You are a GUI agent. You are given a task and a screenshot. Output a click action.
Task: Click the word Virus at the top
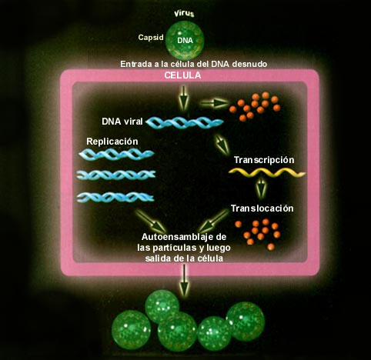184,14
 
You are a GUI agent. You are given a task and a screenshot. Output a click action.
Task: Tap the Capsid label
151,38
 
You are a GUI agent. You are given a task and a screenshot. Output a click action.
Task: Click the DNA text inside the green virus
185,41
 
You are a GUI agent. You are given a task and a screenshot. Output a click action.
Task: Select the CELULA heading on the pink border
182,75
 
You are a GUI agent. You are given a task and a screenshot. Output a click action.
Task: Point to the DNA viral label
122,122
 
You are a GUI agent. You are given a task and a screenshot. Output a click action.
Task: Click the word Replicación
112,142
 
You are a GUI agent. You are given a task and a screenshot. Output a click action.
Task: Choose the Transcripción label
264,160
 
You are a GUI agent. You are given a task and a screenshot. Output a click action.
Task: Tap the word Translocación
262,208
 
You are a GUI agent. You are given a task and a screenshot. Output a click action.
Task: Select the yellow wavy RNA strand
267,173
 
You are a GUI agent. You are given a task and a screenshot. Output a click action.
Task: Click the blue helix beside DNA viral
185,122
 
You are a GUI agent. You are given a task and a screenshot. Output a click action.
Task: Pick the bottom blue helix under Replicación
115,197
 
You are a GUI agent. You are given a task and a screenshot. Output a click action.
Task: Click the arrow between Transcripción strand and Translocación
261,188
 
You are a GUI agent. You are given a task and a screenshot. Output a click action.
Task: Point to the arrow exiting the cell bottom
184,280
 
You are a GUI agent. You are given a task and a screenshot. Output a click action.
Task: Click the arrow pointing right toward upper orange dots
214,103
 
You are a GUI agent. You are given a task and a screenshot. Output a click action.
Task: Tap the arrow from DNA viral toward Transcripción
222,145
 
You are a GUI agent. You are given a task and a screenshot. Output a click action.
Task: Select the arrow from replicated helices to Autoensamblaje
151,221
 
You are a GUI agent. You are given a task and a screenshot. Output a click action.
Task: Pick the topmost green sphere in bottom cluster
162,305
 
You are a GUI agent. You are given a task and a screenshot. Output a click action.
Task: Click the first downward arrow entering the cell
183,98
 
